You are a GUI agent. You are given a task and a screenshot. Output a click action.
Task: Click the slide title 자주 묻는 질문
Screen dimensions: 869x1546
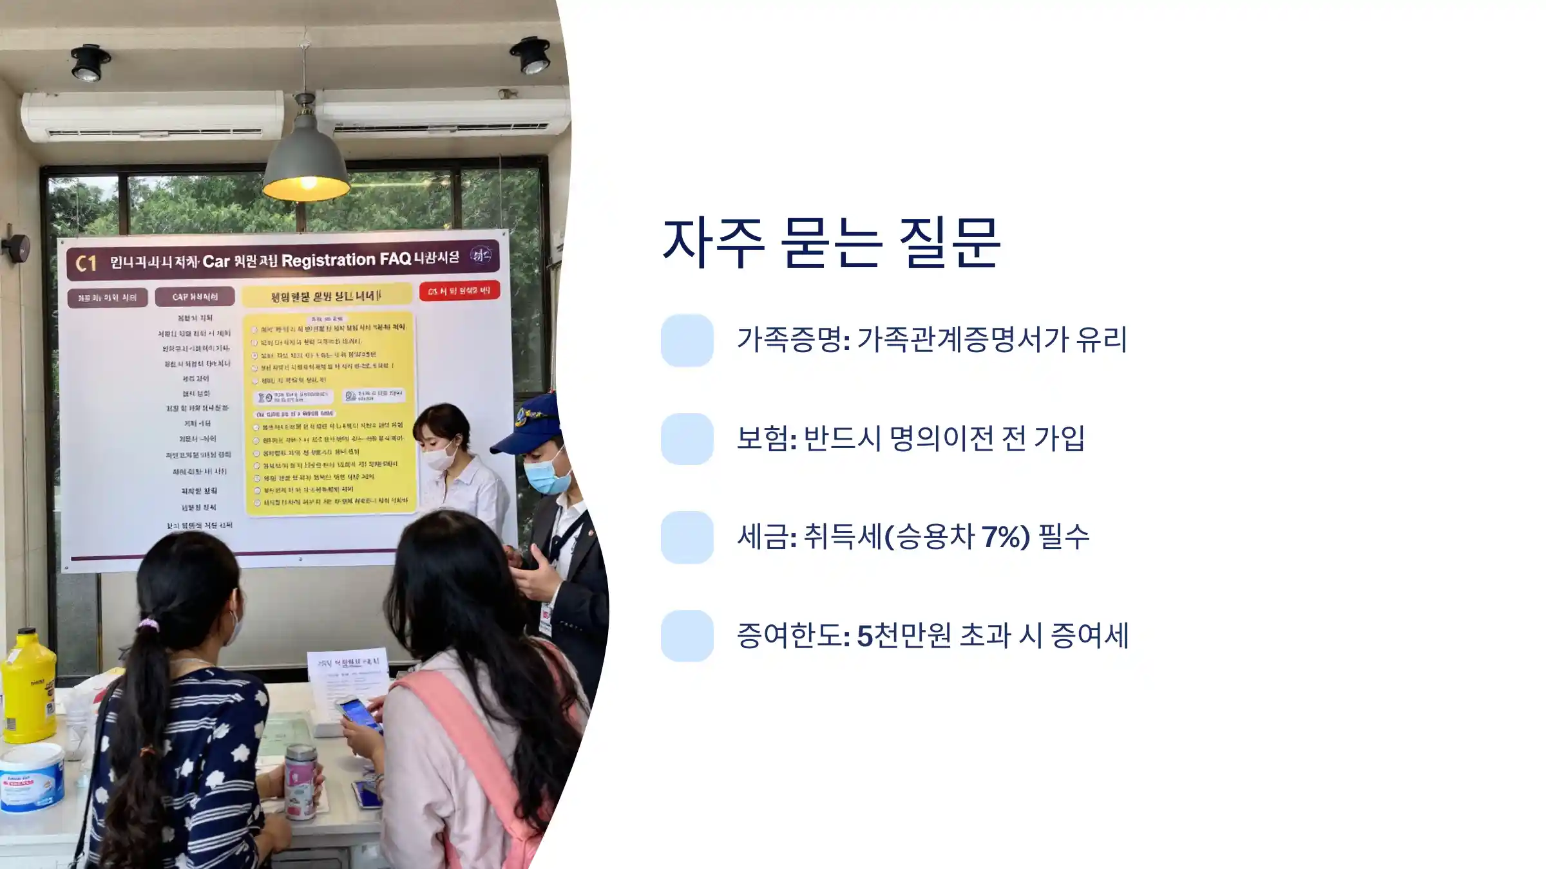pyautogui.click(x=831, y=243)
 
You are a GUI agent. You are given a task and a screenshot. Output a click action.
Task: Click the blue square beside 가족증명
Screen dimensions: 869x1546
pyautogui.click(x=687, y=340)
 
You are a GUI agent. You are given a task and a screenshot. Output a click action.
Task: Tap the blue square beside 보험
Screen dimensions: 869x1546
pyautogui.click(x=687, y=439)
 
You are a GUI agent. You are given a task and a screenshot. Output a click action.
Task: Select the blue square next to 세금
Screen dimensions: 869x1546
pyautogui.click(x=687, y=537)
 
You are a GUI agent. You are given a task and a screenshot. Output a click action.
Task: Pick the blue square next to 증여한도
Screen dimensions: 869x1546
pyautogui.click(x=687, y=636)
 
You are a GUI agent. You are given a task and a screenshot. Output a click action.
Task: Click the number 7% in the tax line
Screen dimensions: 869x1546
pyautogui.click(x=1006, y=536)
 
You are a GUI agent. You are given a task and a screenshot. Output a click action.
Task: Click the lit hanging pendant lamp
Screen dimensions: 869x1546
pyautogui.click(x=307, y=161)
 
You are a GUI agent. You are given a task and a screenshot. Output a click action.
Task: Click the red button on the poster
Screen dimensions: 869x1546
pyautogui.click(x=459, y=291)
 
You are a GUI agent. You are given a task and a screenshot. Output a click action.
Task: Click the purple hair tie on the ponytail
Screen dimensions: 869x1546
pyautogui.click(x=149, y=624)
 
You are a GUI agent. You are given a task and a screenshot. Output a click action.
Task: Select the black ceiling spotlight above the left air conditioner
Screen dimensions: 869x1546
pyautogui.click(x=89, y=62)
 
